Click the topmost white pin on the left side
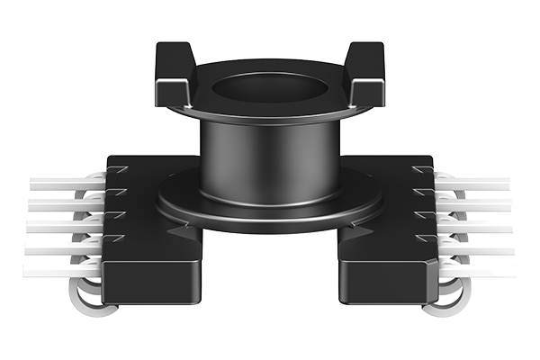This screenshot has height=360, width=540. (x=63, y=183)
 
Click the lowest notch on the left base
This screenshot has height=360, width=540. (x=115, y=238)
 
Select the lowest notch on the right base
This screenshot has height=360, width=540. (x=424, y=238)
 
